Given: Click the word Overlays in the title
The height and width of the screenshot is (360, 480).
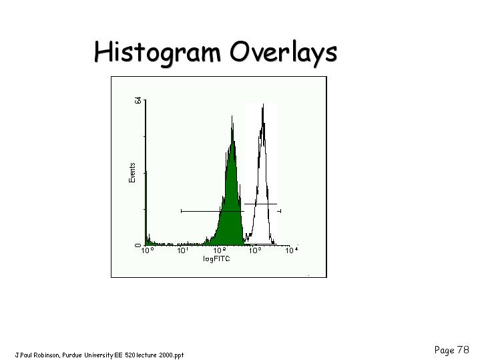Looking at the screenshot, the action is point(284,52).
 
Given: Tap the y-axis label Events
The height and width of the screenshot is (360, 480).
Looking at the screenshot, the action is point(132,173).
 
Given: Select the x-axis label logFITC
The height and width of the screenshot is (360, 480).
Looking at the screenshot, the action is point(216,258).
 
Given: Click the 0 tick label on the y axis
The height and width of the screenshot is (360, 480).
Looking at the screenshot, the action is point(138,245).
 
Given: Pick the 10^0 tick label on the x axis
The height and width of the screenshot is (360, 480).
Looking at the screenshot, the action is point(148,250).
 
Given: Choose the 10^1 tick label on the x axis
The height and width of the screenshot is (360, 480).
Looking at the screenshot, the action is point(183,250).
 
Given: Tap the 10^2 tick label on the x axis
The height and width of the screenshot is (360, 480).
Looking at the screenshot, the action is point(220,250).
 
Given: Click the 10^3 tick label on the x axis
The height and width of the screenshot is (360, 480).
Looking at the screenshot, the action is point(256,250).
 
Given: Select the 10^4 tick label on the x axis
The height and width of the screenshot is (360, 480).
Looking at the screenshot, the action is point(292,250).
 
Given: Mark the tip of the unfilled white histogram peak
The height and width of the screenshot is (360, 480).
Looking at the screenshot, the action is point(263,104).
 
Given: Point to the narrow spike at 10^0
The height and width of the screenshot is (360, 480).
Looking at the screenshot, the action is point(146,208).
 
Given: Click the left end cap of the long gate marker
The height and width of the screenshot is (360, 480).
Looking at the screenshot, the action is point(182,211).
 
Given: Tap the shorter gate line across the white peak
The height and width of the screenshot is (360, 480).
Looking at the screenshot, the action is point(260,204).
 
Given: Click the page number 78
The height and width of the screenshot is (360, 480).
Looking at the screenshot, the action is point(463,349).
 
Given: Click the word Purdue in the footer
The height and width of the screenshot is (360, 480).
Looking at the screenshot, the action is point(72,355).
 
